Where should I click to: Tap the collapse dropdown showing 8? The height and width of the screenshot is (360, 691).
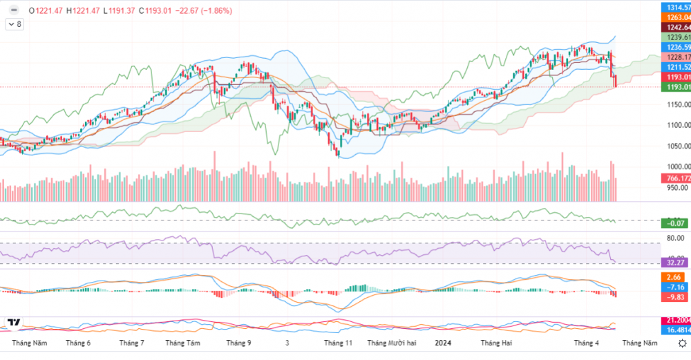click(x=14, y=24)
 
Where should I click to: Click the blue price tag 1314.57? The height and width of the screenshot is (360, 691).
click(x=675, y=6)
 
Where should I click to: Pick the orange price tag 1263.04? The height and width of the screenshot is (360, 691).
click(x=675, y=17)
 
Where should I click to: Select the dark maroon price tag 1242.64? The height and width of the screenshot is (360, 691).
click(x=675, y=27)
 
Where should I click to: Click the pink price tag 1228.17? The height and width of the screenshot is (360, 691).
click(x=675, y=57)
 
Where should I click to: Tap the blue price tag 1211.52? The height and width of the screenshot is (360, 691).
click(x=675, y=67)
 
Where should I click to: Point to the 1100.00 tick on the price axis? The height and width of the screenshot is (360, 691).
click(x=675, y=125)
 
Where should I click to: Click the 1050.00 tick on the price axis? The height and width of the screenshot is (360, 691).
click(x=675, y=146)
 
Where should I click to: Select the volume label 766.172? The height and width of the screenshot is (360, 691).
click(x=675, y=178)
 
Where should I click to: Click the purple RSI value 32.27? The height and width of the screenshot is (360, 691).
click(x=675, y=263)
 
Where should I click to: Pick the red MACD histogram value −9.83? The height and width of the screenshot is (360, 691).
click(x=675, y=297)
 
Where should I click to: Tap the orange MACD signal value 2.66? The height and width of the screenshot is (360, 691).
click(x=675, y=277)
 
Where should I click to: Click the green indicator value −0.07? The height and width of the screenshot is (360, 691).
click(x=675, y=222)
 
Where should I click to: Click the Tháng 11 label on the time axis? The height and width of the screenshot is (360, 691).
click(x=339, y=343)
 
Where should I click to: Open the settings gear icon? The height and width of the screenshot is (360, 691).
click(x=682, y=343)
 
